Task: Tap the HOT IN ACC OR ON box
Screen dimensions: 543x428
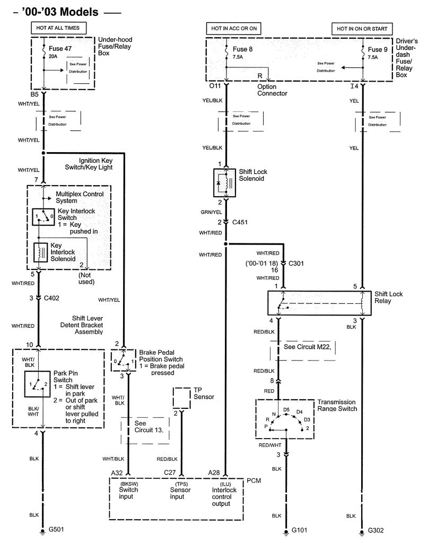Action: pos(234,28)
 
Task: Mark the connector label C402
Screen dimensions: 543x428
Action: pos(51,297)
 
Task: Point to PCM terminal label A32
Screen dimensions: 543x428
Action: pos(117,471)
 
